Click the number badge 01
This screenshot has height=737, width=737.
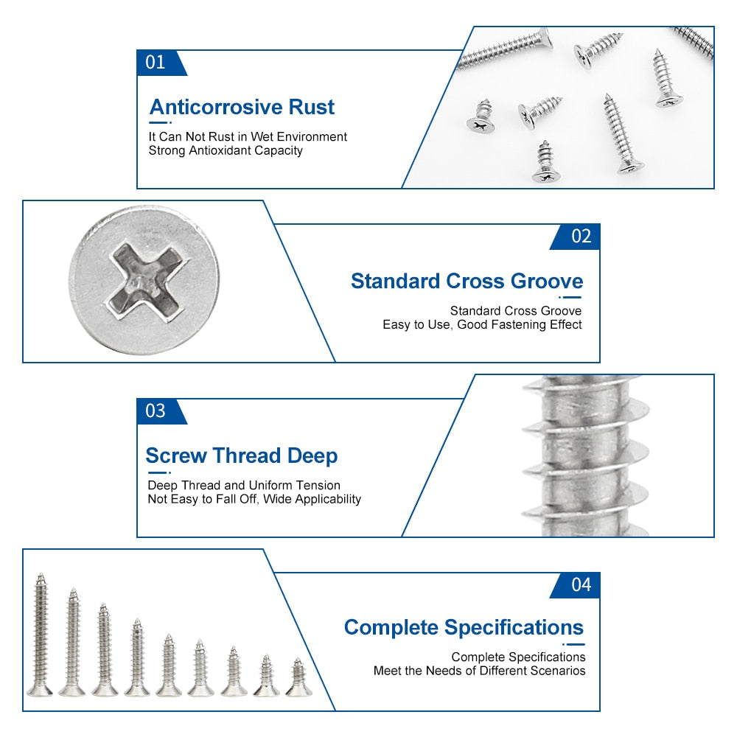coord(156,63)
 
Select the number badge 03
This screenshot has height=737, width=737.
coord(156,411)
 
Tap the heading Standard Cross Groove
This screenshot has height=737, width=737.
coord(467,282)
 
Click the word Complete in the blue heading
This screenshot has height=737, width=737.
coord(391,628)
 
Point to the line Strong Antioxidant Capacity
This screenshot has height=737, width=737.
coord(226,150)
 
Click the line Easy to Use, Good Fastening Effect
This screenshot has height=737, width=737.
coord(482,324)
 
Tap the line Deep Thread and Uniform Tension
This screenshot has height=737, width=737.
coord(243,485)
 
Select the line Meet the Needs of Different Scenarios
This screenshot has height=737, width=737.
coord(479,671)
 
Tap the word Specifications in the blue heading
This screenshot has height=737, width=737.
coord(513,628)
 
